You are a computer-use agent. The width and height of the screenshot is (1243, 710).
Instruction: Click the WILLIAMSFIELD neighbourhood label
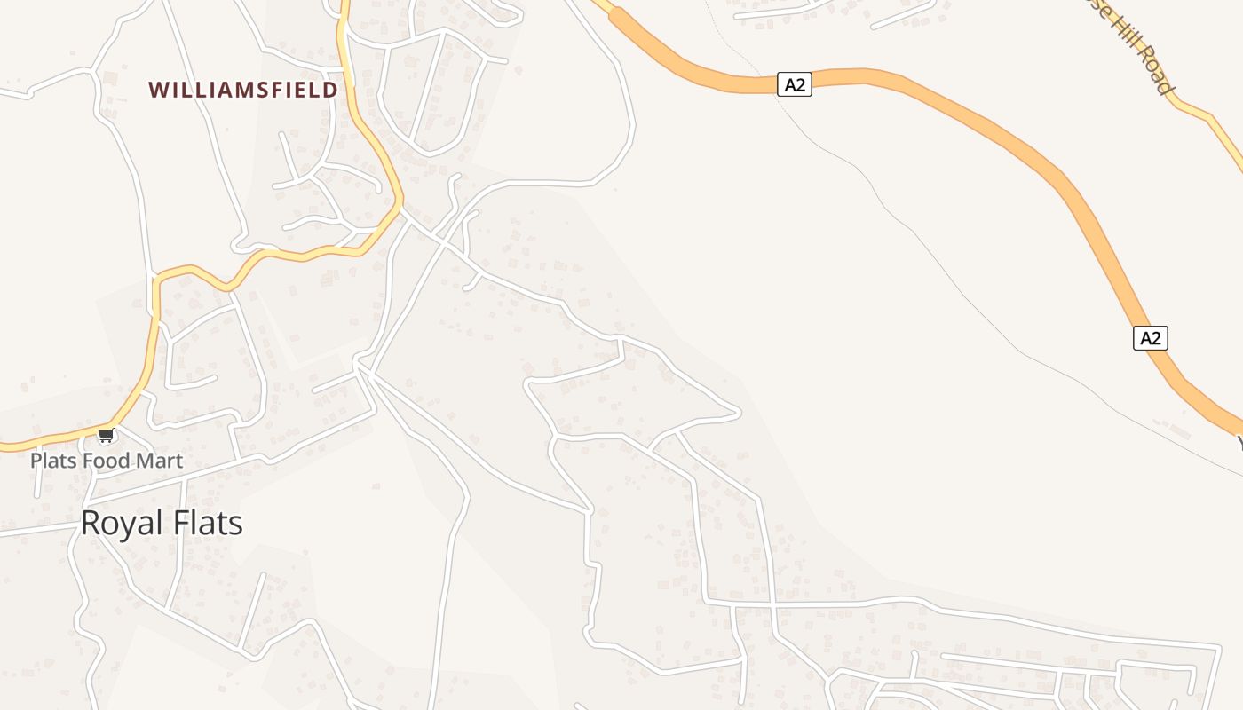(243, 90)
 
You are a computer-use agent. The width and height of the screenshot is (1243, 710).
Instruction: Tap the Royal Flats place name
(162, 523)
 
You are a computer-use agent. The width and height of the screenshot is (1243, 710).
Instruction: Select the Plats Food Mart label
(107, 461)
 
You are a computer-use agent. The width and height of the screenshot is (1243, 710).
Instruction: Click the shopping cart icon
(107, 435)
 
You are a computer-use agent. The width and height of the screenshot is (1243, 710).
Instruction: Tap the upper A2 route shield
(795, 84)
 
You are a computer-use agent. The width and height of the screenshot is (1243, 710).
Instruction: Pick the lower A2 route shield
(1150, 338)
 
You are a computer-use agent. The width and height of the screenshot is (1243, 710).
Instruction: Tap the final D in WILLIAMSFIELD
(330, 90)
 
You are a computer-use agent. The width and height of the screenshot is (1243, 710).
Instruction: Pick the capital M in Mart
(143, 461)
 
